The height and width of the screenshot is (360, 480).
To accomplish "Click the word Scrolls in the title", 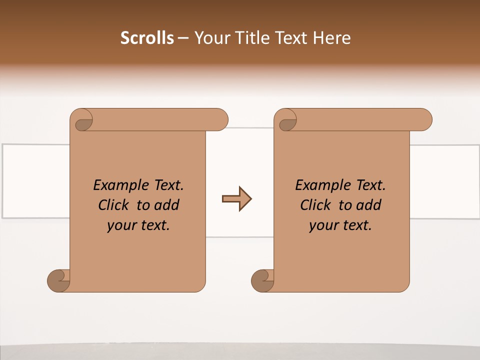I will (147, 38).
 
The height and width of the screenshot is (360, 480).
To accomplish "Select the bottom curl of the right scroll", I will (262, 281).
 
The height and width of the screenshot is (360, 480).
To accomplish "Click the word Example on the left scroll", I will (118, 185).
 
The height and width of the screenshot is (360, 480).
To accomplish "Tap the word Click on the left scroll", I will (113, 205).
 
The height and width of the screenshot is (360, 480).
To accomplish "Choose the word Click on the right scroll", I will (315, 205).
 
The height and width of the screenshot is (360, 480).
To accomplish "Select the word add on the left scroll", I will (166, 205).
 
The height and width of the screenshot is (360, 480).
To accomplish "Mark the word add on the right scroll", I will (368, 205).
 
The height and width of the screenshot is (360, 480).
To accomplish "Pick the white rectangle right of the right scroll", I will (444, 181).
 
